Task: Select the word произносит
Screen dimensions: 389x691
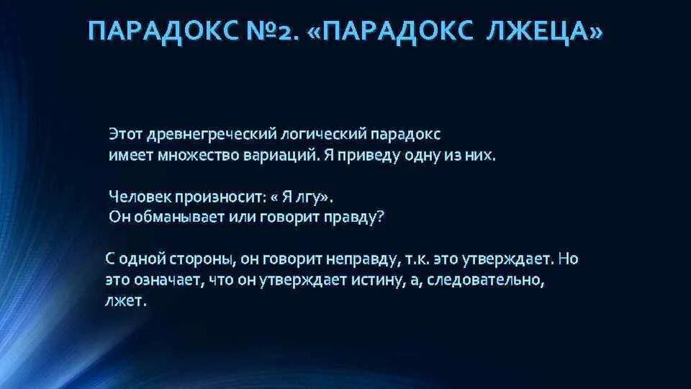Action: (x=221, y=196)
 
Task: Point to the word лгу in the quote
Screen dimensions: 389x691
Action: (x=310, y=196)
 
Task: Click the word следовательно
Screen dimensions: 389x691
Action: (x=489, y=280)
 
